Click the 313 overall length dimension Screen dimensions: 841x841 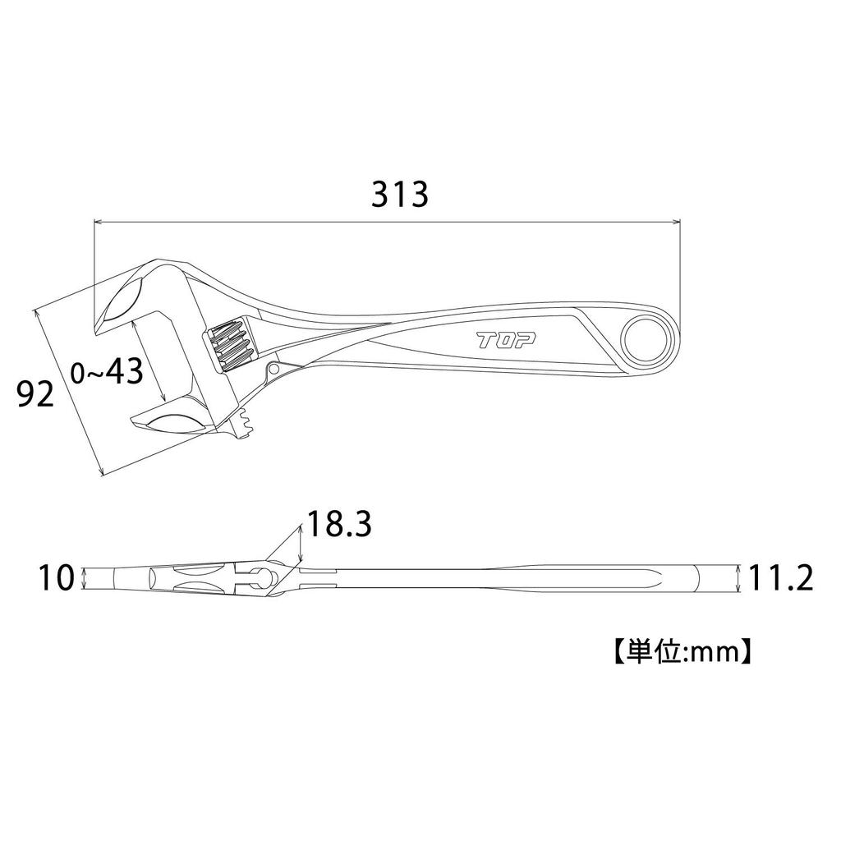click(x=401, y=194)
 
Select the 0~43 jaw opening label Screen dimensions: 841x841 click(x=108, y=371)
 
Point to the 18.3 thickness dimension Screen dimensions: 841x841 click(x=339, y=524)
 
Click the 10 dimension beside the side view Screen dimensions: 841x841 click(x=56, y=579)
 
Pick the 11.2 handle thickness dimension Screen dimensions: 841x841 click(x=780, y=579)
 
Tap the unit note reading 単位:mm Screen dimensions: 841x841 click(x=682, y=651)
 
